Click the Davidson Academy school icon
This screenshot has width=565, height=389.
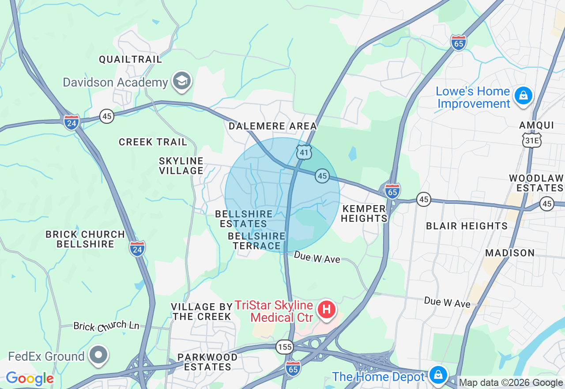coord(182,81)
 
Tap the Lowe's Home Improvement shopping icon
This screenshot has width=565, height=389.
coord(524,95)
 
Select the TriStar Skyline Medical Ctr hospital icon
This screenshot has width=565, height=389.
coord(327,309)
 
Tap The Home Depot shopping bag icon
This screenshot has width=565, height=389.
coord(438,375)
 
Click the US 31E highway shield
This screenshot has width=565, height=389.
coord(531,140)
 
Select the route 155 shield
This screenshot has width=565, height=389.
coord(285,347)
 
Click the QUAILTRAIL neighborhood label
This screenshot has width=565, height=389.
coord(130,59)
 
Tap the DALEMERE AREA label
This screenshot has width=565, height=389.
coord(273,126)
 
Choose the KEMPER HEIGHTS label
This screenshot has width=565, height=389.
coord(364,214)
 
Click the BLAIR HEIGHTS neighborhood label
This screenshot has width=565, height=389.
coord(467,226)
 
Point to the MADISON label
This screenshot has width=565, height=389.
coord(510,253)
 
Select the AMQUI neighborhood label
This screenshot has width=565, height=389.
coord(536,126)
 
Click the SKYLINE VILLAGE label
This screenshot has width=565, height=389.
coord(181,166)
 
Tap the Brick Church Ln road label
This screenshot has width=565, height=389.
coord(106,326)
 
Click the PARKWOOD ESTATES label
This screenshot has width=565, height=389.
coord(207,362)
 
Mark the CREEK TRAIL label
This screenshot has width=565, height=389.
coord(153,142)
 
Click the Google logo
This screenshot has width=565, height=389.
coord(30,378)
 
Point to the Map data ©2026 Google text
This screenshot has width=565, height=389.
coord(511,383)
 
